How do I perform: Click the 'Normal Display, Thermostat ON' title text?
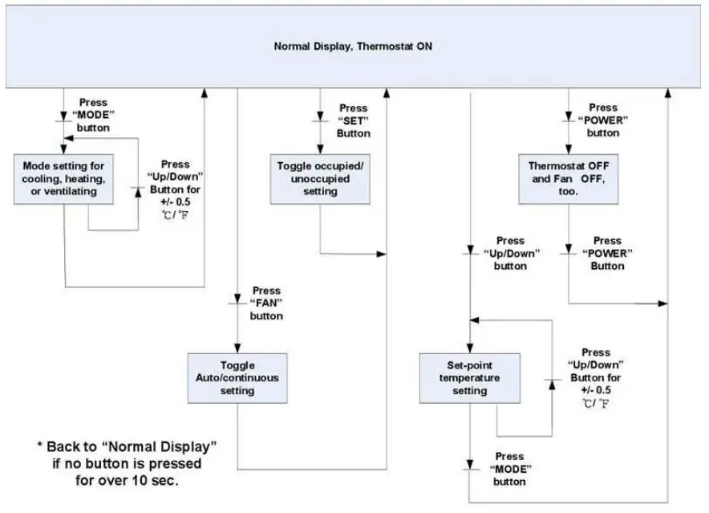[x=354, y=46]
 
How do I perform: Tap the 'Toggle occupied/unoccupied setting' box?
[x=320, y=180]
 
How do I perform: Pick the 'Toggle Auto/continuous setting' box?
[x=237, y=377]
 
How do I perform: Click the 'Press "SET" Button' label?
[x=353, y=120]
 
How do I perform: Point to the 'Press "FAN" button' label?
[x=266, y=303]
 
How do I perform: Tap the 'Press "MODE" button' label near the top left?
[x=93, y=115]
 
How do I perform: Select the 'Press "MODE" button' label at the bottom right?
[x=509, y=469]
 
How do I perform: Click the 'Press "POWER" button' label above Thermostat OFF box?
[x=603, y=120]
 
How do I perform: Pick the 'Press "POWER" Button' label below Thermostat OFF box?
[x=607, y=253]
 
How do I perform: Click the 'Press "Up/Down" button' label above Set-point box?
[x=510, y=253]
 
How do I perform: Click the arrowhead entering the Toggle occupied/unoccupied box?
[x=320, y=149]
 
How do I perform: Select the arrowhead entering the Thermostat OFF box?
[x=569, y=149]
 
